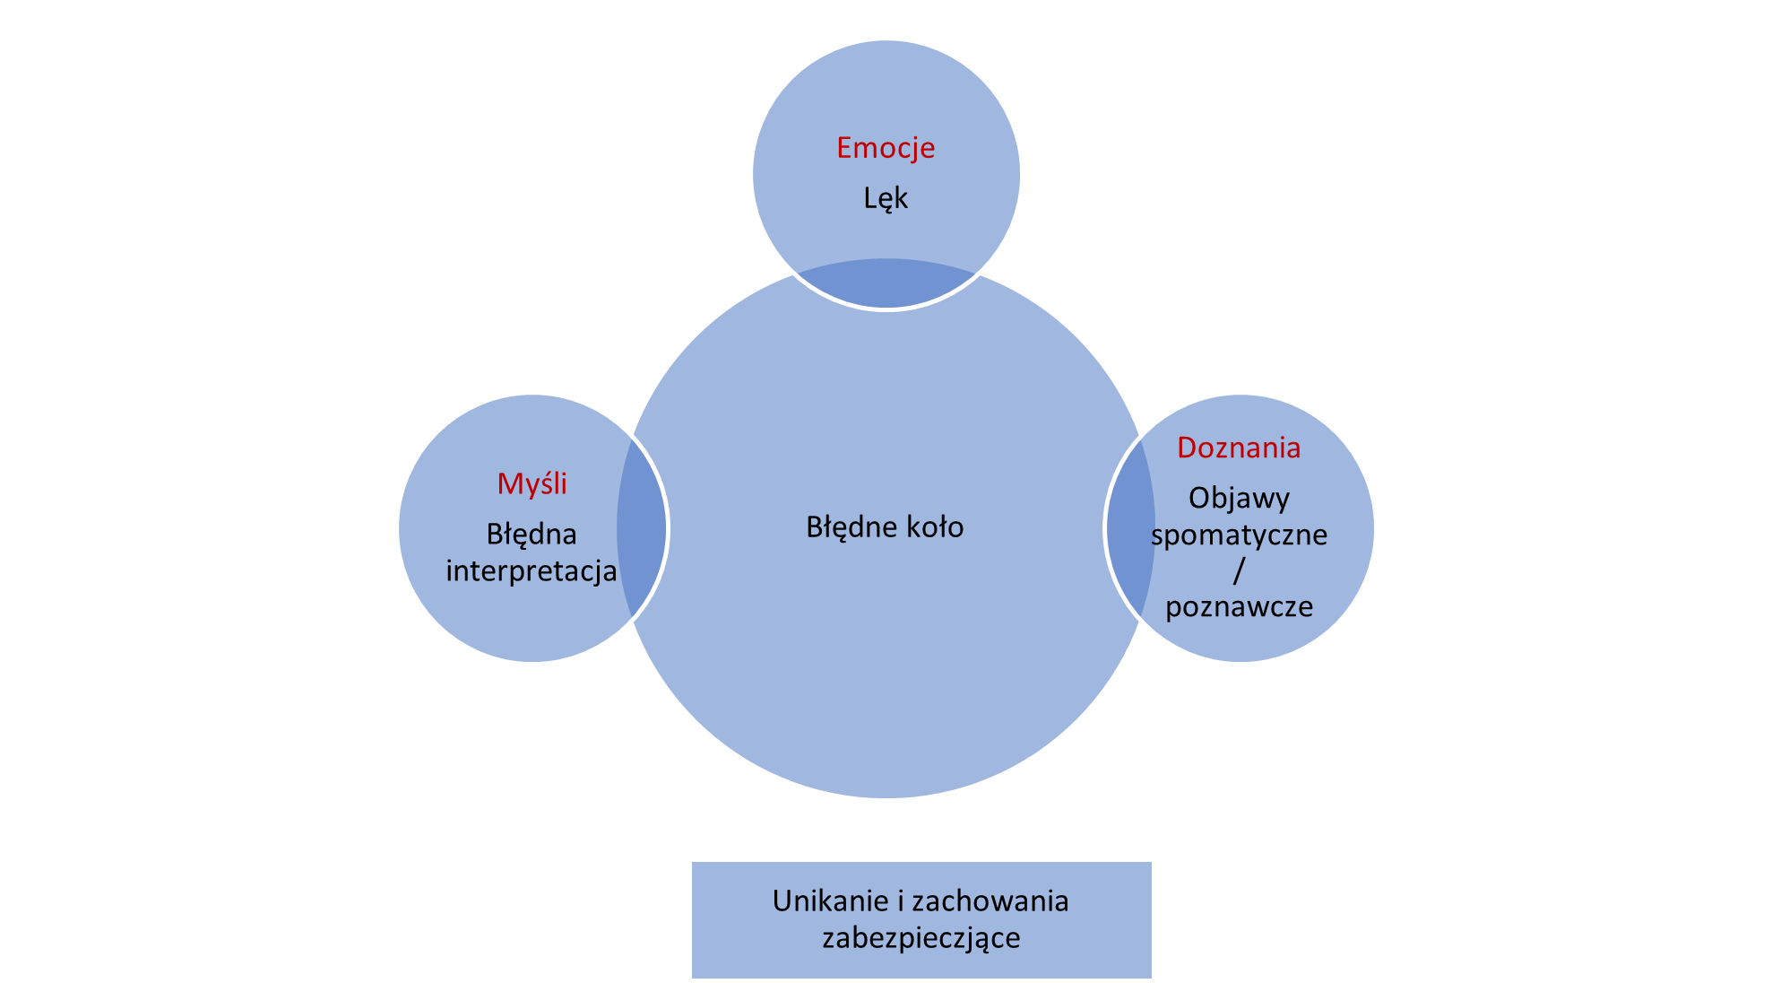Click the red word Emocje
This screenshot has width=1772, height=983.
[886, 148]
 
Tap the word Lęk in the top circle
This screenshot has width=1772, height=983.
[886, 198]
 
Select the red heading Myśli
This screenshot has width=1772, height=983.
[532, 483]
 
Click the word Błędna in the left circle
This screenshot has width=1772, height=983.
[532, 535]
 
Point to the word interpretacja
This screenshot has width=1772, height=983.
[532, 571]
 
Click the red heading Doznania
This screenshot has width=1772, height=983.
[1239, 448]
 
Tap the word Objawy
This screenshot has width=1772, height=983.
[1239, 499]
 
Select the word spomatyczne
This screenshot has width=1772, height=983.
[1239, 535]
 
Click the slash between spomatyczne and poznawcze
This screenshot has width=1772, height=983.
[1239, 570]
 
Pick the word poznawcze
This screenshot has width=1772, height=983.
[1239, 607]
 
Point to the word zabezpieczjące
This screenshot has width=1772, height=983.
[921, 938]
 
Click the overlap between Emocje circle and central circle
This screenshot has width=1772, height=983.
[886, 283]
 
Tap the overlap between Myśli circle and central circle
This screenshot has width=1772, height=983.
[642, 527]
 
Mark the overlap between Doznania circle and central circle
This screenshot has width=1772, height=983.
[1131, 527]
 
